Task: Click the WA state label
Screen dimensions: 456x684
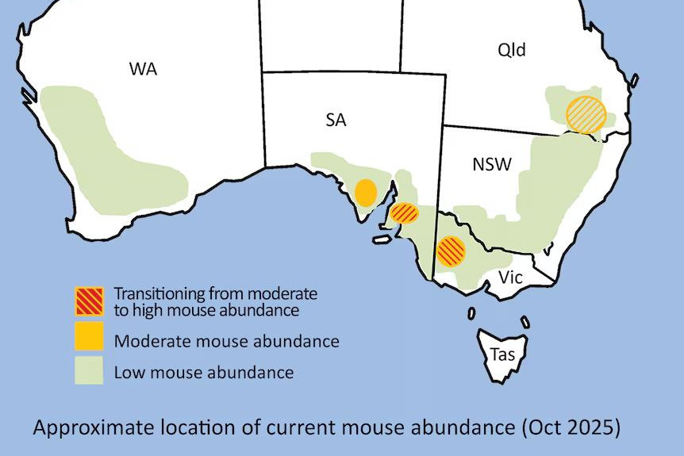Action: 143,69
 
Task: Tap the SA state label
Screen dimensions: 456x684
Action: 336,120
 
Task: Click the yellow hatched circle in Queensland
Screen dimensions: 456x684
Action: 586,113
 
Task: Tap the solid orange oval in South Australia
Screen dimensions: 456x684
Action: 365,193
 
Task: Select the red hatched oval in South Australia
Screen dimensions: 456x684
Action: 405,213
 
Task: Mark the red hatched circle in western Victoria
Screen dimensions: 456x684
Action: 451,251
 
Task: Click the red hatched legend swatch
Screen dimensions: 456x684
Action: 90,301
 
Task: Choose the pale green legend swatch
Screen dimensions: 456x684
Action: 90,370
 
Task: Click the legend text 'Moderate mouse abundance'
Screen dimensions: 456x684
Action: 227,342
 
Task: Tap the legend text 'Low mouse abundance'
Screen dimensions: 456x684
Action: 204,372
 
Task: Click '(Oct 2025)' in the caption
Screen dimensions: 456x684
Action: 572,428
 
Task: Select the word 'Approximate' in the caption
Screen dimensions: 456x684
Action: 88,429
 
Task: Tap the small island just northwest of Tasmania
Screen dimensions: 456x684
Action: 471,314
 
